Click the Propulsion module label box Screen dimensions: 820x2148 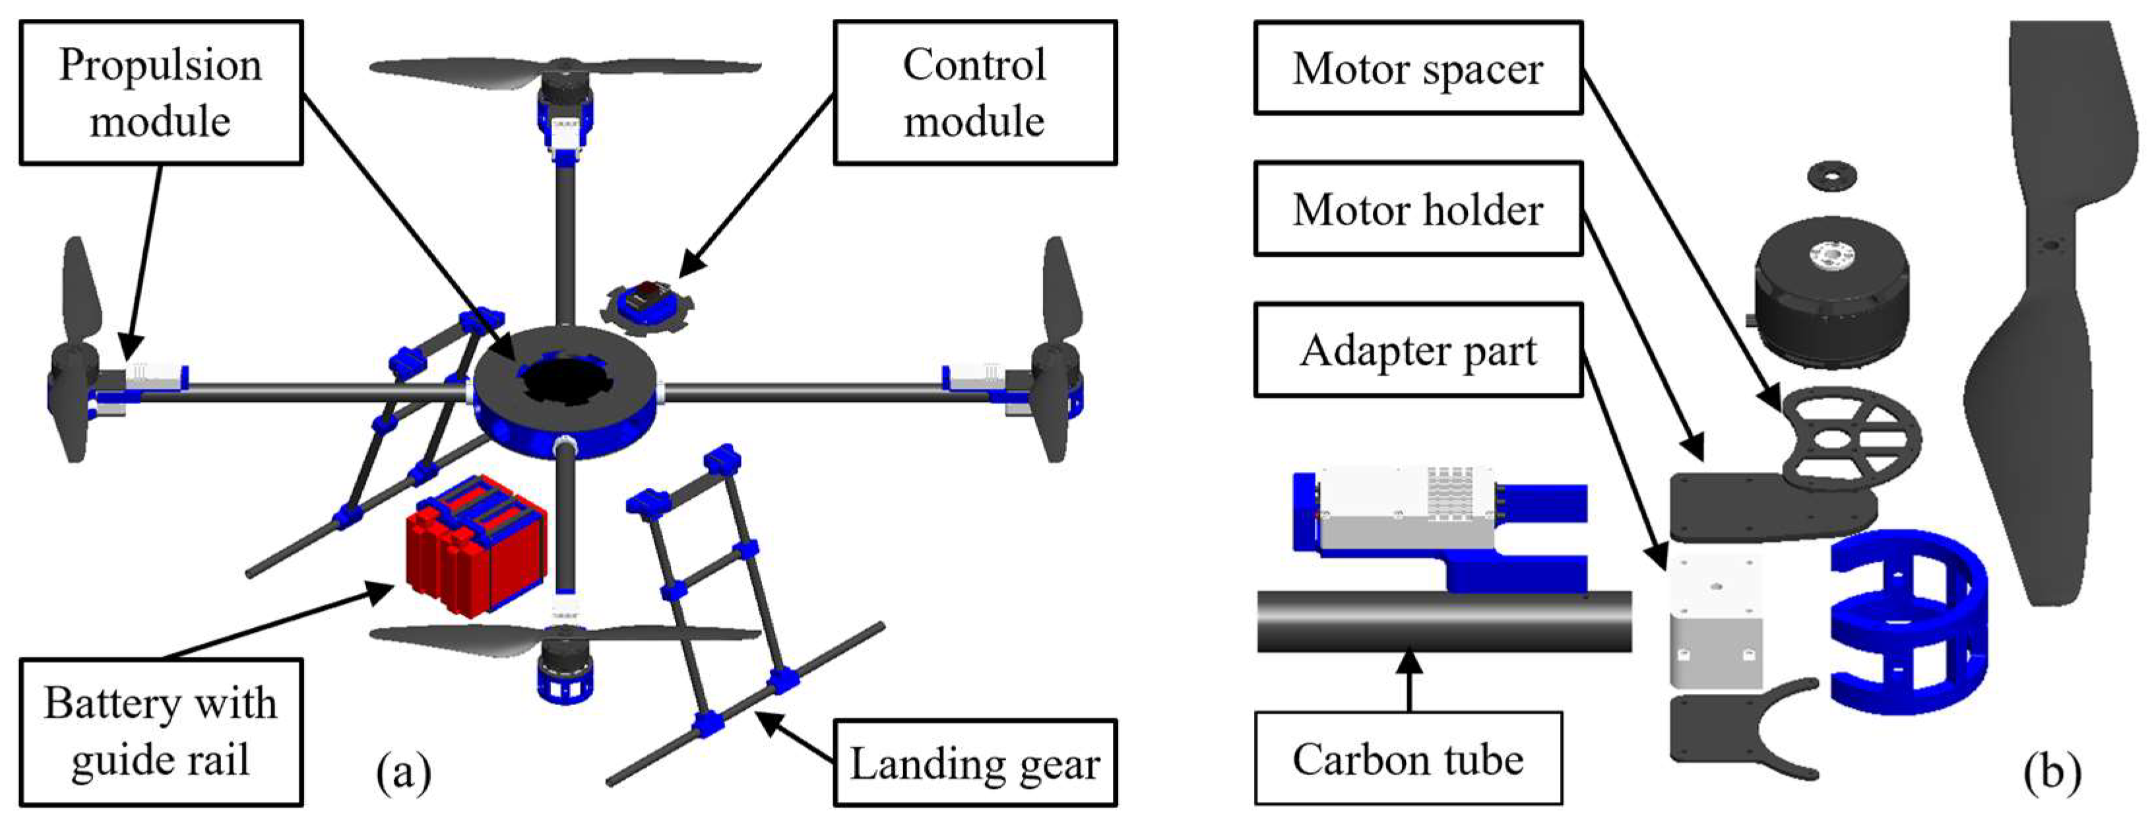point(161,92)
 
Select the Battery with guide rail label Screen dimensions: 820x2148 point(161,732)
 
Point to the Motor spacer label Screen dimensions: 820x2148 point(1418,69)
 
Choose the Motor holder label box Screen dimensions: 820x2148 point(1418,209)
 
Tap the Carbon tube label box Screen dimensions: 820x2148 point(1408,759)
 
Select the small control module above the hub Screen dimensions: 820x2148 point(647,305)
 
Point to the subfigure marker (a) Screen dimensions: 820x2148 point(404,772)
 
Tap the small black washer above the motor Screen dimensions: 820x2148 point(1833,176)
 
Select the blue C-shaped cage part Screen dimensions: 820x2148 point(1910,621)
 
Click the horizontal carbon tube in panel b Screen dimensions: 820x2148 point(1443,621)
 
